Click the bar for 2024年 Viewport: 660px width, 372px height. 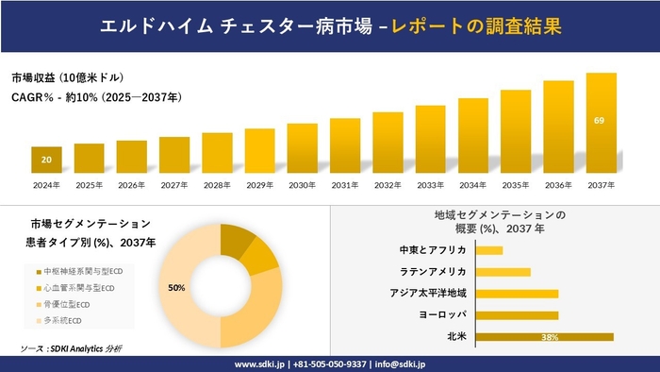46,161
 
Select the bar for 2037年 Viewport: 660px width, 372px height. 601,124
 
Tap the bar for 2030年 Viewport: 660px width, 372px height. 302,148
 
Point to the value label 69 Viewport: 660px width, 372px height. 600,121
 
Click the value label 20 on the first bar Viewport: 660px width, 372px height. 46,160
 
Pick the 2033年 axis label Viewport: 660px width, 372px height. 430,184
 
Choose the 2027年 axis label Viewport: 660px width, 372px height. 174,184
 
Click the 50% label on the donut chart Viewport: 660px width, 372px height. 176,286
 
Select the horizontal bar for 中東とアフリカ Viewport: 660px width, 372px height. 489,250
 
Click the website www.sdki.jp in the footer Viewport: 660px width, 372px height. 261,364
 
